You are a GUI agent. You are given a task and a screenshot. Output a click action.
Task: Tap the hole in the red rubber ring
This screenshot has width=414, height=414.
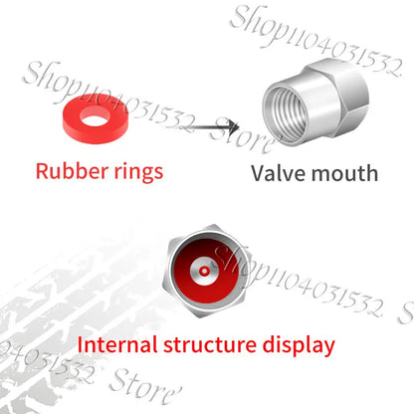point(96,116)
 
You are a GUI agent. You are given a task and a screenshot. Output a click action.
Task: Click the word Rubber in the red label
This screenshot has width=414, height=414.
point(72,171)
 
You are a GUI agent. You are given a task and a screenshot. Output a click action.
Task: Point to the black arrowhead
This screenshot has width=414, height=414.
point(233,127)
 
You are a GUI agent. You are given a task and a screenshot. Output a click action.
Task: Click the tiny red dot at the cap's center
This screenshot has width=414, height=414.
point(204,272)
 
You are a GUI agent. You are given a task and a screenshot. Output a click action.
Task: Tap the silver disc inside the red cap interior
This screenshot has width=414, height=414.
point(204,272)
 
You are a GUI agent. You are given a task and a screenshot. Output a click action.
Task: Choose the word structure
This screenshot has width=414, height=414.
point(210,345)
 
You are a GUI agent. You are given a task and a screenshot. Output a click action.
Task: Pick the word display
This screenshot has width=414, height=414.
point(299,345)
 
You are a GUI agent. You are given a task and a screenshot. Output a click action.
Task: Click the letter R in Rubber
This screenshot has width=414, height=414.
point(42,171)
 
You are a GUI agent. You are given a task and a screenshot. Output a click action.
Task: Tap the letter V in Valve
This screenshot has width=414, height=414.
point(260,173)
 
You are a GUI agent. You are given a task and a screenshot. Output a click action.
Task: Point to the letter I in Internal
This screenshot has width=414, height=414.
point(80,344)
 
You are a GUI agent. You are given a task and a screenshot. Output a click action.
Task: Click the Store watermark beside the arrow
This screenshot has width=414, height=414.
point(243,136)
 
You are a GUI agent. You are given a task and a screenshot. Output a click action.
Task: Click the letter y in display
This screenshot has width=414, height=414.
point(327,348)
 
